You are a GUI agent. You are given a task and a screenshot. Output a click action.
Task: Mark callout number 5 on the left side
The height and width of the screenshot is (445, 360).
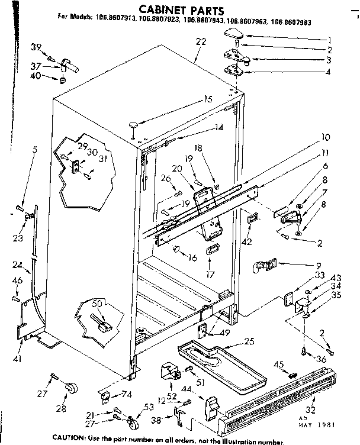click(35, 150)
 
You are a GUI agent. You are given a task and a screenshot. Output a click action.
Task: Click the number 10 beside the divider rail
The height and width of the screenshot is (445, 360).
click(325, 137)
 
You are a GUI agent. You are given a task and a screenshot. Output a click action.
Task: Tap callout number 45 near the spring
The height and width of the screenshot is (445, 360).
click(279, 363)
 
